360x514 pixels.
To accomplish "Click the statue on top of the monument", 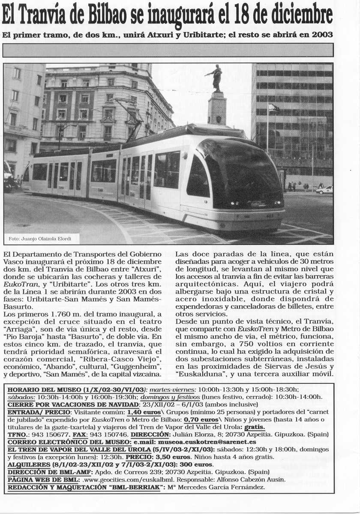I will (x=216, y=78).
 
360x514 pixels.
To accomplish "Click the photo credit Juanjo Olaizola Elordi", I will (x=40, y=238).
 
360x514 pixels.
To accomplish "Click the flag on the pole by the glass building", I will (x=273, y=108).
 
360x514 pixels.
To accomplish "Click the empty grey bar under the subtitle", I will (x=168, y=50).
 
